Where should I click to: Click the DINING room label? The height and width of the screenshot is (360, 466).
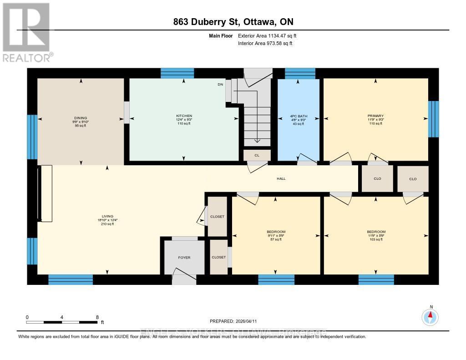click(81, 118)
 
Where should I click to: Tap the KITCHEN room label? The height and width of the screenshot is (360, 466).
click(184, 116)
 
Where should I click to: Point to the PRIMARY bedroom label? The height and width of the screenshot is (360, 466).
click(375, 116)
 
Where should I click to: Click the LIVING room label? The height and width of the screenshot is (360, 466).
click(107, 216)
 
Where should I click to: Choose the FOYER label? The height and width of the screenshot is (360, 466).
click(184, 258)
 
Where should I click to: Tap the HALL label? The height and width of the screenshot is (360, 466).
click(281, 178)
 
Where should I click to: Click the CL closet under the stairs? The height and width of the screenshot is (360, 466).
click(257, 155)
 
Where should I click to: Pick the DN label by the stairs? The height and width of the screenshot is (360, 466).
click(220, 84)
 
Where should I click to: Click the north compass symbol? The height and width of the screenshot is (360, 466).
click(431, 316)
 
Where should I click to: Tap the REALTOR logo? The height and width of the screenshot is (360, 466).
click(26, 32)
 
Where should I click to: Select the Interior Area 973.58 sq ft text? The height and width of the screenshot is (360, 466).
click(265, 43)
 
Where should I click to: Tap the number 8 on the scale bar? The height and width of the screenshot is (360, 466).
click(97, 317)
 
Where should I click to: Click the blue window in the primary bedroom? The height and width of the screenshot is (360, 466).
click(434, 119)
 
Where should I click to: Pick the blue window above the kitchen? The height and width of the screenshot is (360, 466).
click(177, 73)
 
